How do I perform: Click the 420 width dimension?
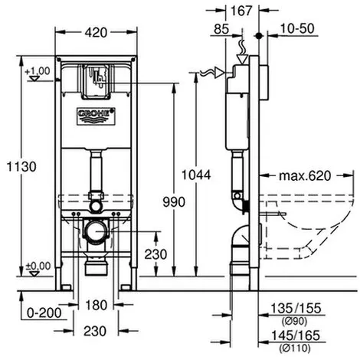pyautogui.click(x=96, y=33)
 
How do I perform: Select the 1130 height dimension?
pyautogui.click(x=21, y=167)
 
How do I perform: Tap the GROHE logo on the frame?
pyautogui.click(x=97, y=116)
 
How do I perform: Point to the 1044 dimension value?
pyautogui.click(x=196, y=175)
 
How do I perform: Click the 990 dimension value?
pyautogui.click(x=174, y=202)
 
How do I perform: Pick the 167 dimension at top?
pyautogui.click(x=241, y=11)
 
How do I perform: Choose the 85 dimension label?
pyautogui.click(x=221, y=29)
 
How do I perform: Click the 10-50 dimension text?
pyautogui.click(x=297, y=28)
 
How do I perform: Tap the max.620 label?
pyautogui.click(x=305, y=175)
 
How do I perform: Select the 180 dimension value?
pyautogui.click(x=96, y=305)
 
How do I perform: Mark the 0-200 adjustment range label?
pyautogui.click(x=44, y=313)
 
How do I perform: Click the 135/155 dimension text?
pyautogui.click(x=296, y=308)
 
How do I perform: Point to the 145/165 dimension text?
pyautogui.click(x=296, y=335)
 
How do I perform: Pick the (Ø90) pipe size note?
pyautogui.click(x=294, y=321)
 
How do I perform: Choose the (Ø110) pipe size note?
pyautogui.click(x=295, y=348)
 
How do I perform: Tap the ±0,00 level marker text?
pyautogui.click(x=38, y=267)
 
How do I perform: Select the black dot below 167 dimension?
pyautogui.click(x=259, y=36)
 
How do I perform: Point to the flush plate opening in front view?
pyautogui.click(x=97, y=82)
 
